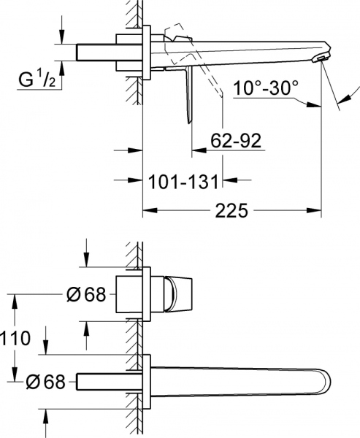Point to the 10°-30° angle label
(x=266, y=89)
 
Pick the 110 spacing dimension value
(x=16, y=338)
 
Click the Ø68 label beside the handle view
(x=86, y=295)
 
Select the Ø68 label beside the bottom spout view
(x=46, y=381)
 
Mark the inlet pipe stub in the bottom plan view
(x=106, y=381)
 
